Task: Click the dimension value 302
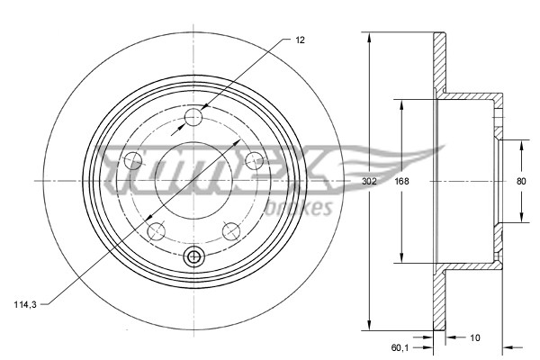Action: click(369, 181)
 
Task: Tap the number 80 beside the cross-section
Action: click(520, 181)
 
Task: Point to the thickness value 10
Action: click(475, 337)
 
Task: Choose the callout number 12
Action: click(300, 40)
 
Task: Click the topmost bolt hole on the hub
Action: click(194, 118)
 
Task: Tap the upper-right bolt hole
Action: click(255, 160)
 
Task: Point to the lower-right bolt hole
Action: click(231, 229)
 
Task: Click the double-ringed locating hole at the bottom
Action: click(193, 257)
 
